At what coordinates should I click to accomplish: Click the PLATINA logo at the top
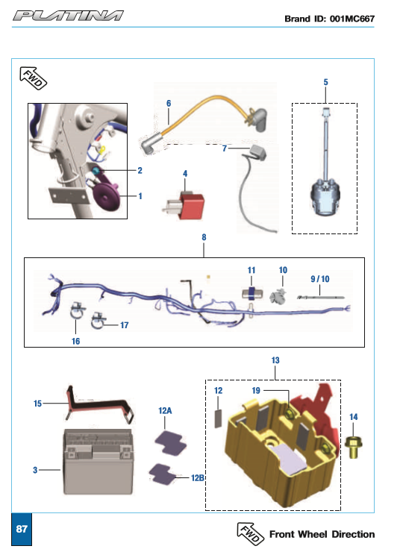68,16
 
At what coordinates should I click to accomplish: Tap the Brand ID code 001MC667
352,19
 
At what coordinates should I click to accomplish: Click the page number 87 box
22,529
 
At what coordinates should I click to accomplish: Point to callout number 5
326,82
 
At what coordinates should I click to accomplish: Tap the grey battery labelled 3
99,462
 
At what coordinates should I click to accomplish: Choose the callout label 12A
165,410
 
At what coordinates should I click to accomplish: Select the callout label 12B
198,477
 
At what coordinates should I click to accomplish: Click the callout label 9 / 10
320,279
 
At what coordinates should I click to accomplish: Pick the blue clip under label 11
252,294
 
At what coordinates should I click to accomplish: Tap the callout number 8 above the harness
204,237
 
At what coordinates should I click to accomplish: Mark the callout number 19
256,390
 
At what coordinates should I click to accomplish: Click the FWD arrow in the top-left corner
33,78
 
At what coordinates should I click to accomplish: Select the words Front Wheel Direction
322,534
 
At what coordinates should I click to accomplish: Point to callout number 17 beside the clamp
125,325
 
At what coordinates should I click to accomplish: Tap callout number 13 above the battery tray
275,360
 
